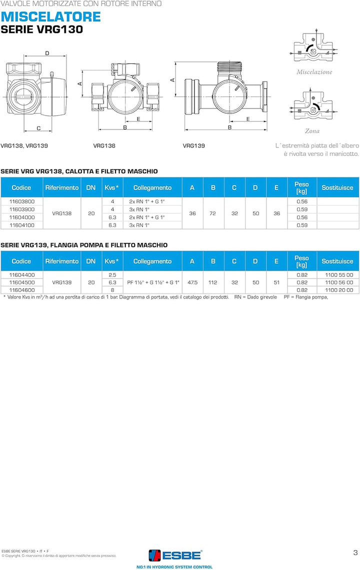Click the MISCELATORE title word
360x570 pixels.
(50, 16)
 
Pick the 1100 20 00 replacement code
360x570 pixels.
(338, 290)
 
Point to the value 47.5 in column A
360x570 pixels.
(192, 282)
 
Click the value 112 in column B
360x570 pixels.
(213, 282)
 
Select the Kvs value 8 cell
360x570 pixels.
(112, 290)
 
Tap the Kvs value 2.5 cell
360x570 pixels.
(112, 275)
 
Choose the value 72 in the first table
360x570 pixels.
(213, 213)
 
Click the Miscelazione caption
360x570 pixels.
(314, 72)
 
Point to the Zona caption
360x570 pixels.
(312, 131)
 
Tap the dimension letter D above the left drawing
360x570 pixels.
(47, 53)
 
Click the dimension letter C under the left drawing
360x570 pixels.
(38, 128)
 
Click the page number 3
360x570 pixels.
(354, 552)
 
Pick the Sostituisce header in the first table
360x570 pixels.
(337, 188)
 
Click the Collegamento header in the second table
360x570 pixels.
(152, 261)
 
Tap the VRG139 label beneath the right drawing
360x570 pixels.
(193, 145)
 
